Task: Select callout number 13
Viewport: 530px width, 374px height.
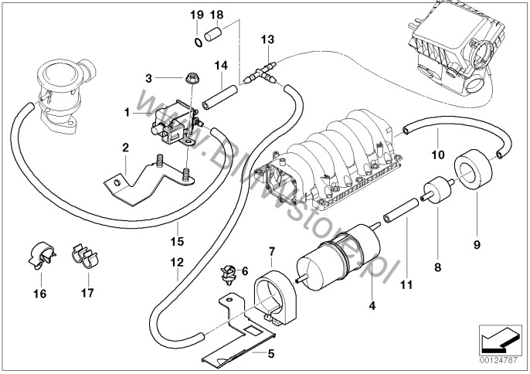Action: coord(267,39)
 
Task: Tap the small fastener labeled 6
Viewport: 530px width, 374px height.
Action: coord(229,271)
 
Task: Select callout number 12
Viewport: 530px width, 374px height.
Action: coord(177,261)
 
